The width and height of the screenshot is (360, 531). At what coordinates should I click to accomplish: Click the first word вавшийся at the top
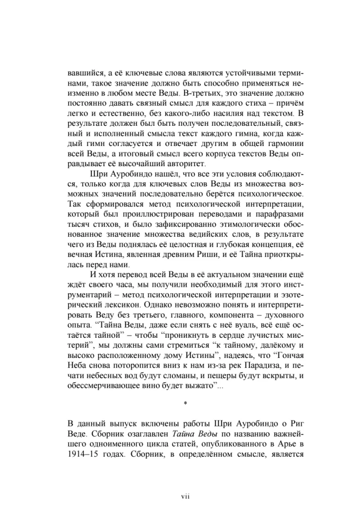coord(87,73)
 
